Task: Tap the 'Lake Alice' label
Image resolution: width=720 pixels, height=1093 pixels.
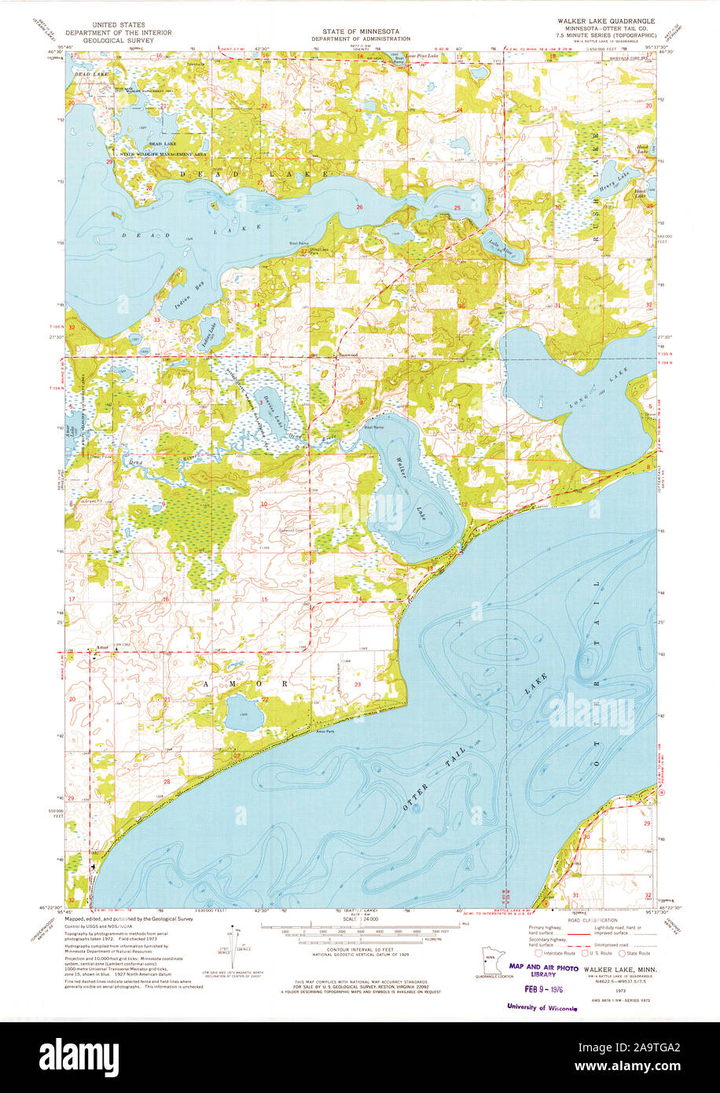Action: click(x=491, y=243)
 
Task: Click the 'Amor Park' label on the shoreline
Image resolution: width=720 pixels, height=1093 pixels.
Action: click(x=324, y=732)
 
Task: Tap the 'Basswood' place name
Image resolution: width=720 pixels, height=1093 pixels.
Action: click(x=348, y=355)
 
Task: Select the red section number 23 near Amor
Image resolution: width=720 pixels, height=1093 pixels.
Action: click(x=358, y=685)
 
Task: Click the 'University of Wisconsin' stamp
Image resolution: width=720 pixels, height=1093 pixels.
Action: click(x=542, y=1007)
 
